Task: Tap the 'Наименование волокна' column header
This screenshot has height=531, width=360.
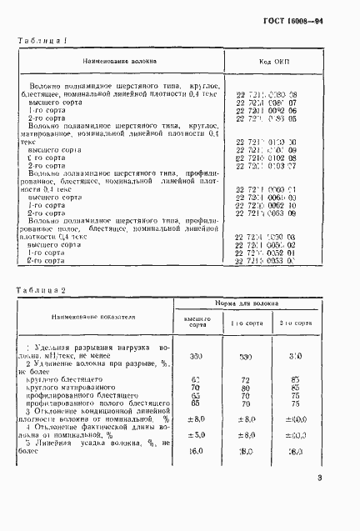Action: tap(117, 62)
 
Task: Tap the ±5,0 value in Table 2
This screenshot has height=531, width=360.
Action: tap(196, 434)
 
